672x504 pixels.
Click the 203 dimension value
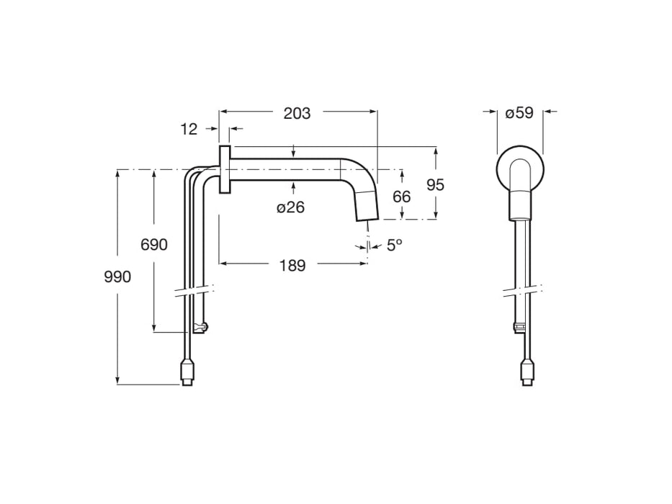click(x=297, y=113)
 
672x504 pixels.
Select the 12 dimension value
click(x=189, y=129)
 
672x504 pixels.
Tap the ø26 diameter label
click(x=290, y=207)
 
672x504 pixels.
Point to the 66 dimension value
click(x=402, y=197)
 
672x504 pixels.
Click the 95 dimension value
click(x=435, y=185)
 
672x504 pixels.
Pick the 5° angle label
click(x=394, y=245)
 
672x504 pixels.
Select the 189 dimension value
click(x=292, y=266)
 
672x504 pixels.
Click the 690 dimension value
click(x=153, y=245)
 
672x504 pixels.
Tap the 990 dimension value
click(x=117, y=276)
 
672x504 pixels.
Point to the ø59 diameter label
click(x=519, y=113)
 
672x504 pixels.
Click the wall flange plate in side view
click(x=224, y=169)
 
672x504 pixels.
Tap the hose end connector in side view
click(x=187, y=373)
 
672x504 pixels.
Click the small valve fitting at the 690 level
click(x=200, y=328)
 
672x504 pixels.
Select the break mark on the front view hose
click(x=521, y=291)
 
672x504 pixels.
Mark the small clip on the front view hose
click(x=518, y=328)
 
